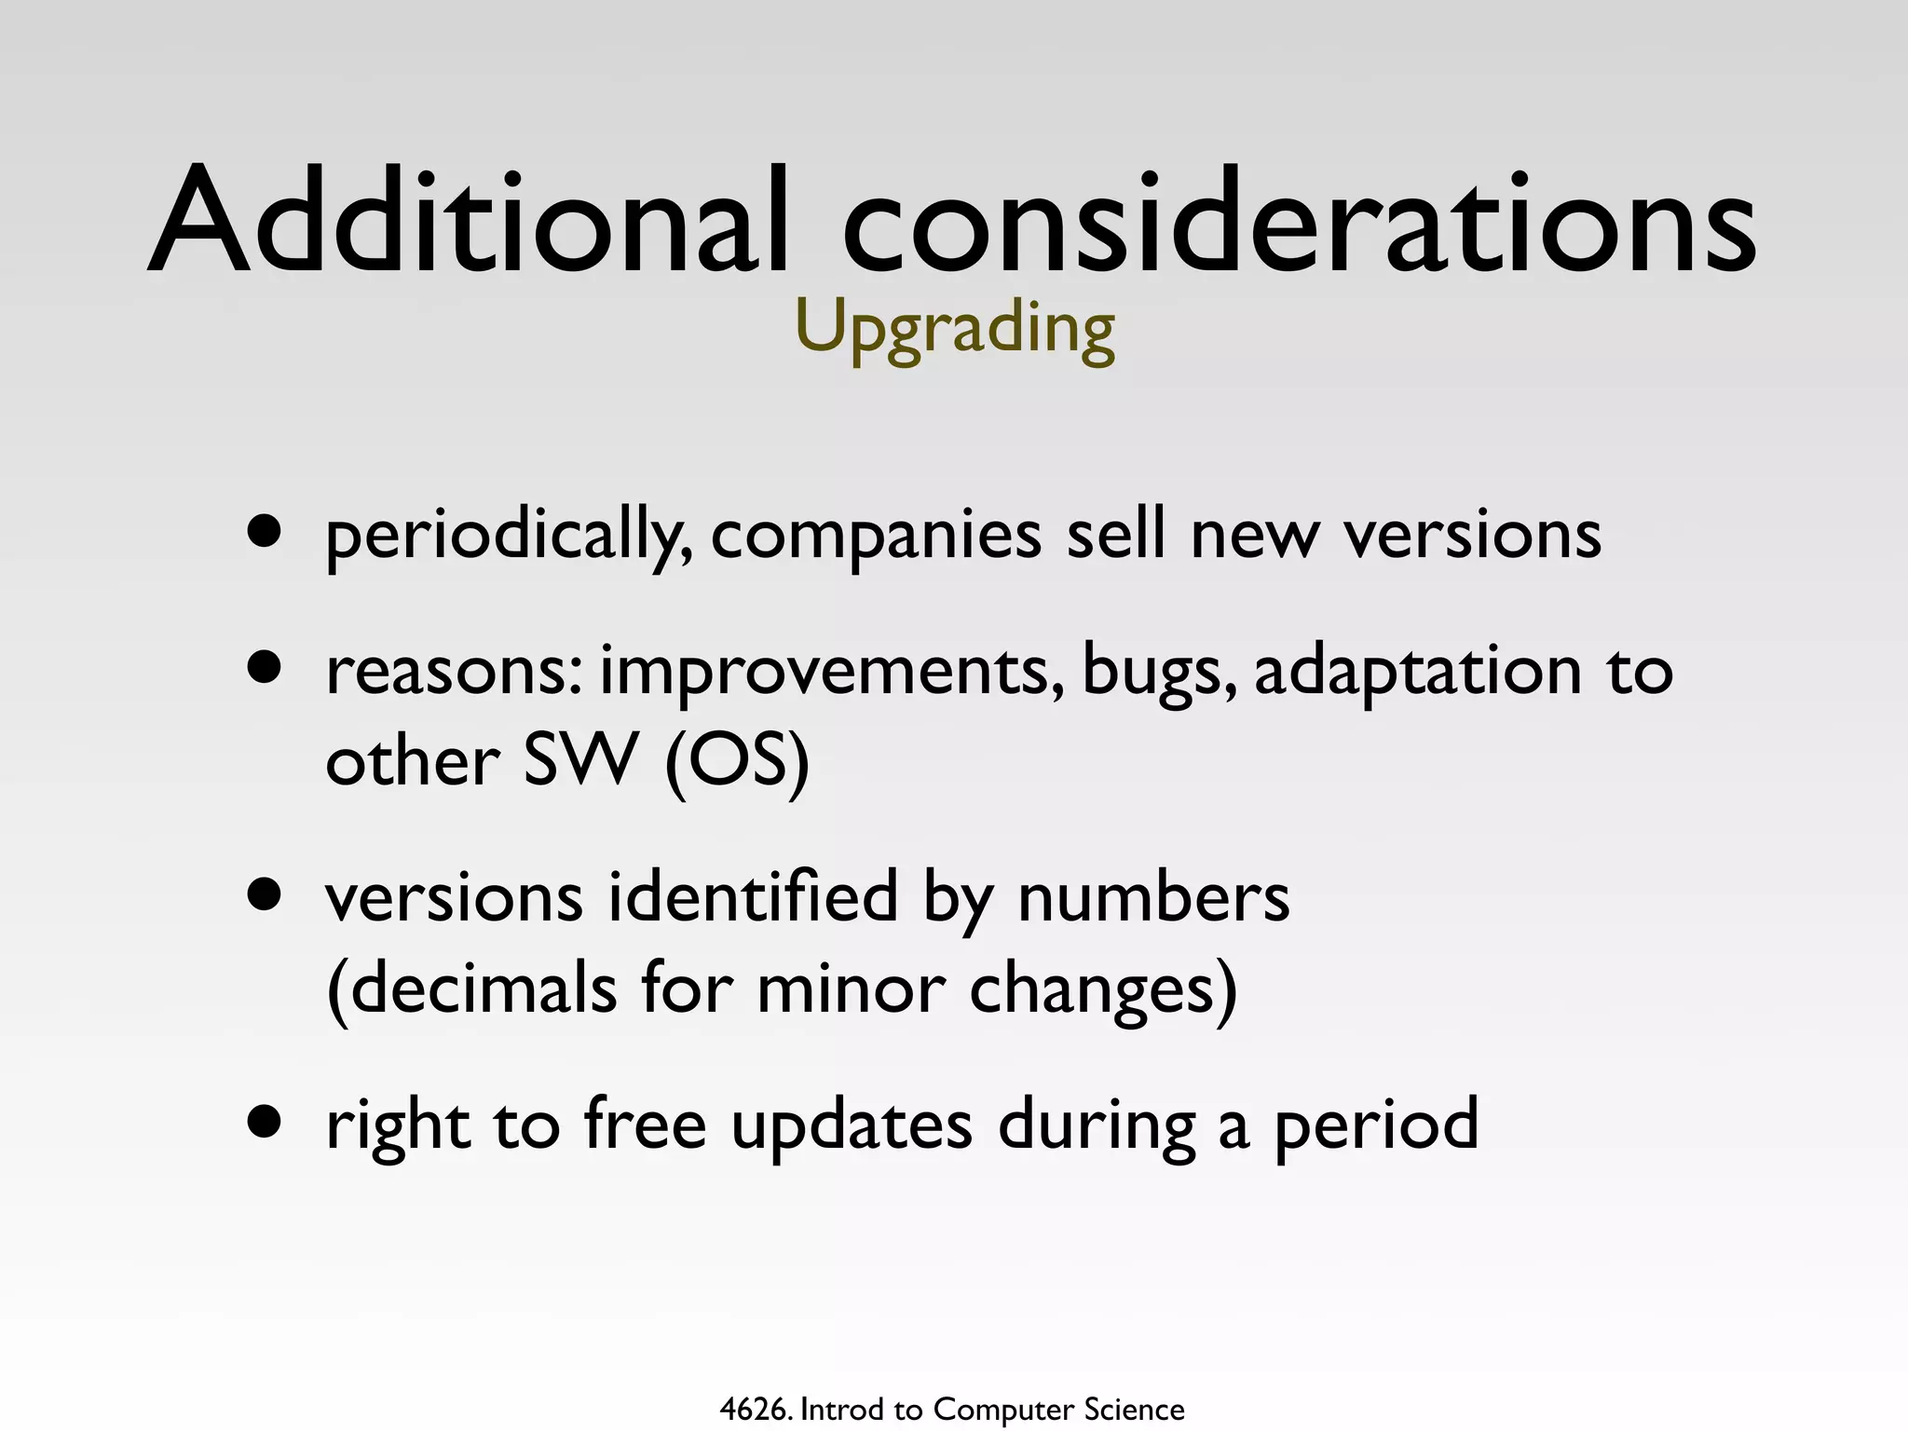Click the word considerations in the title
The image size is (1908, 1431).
pos(1299,222)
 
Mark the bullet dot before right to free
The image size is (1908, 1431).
pos(265,1122)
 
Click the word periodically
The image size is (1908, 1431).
pos(509,538)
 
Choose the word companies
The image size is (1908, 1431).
pos(876,538)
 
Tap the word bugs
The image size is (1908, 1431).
pos(1160,673)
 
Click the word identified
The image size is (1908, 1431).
pos(753,896)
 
